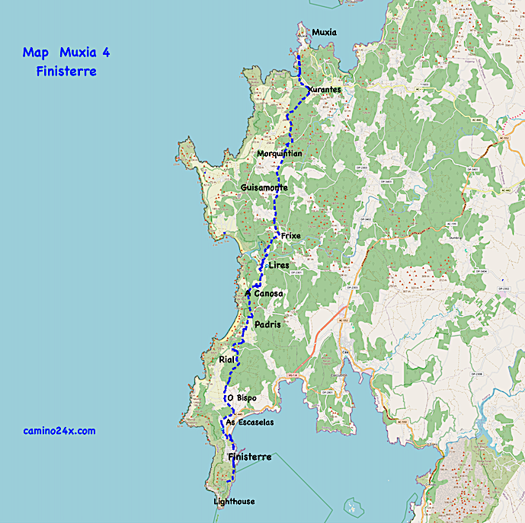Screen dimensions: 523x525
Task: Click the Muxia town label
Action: coord(324,32)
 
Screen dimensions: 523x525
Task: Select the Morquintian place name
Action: coord(280,153)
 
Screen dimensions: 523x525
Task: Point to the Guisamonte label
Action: coord(264,187)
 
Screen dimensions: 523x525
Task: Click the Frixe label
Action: coord(291,236)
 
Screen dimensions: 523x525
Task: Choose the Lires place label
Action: coord(280,265)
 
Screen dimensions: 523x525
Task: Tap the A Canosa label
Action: coord(264,293)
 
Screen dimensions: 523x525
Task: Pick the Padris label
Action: coord(267,324)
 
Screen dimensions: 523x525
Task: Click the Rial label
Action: coord(226,359)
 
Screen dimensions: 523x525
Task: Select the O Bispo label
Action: coord(242,398)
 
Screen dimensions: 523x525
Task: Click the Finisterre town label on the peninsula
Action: coord(250,457)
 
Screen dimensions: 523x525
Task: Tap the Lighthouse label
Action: coord(235,502)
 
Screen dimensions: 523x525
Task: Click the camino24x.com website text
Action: coord(59,431)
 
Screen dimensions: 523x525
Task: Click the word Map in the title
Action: coord(36,53)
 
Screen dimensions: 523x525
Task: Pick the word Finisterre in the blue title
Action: coord(66,72)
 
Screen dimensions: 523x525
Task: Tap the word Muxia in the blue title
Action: coord(80,53)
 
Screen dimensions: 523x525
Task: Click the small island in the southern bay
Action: coord(351,505)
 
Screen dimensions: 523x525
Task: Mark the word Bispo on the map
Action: coord(246,398)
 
